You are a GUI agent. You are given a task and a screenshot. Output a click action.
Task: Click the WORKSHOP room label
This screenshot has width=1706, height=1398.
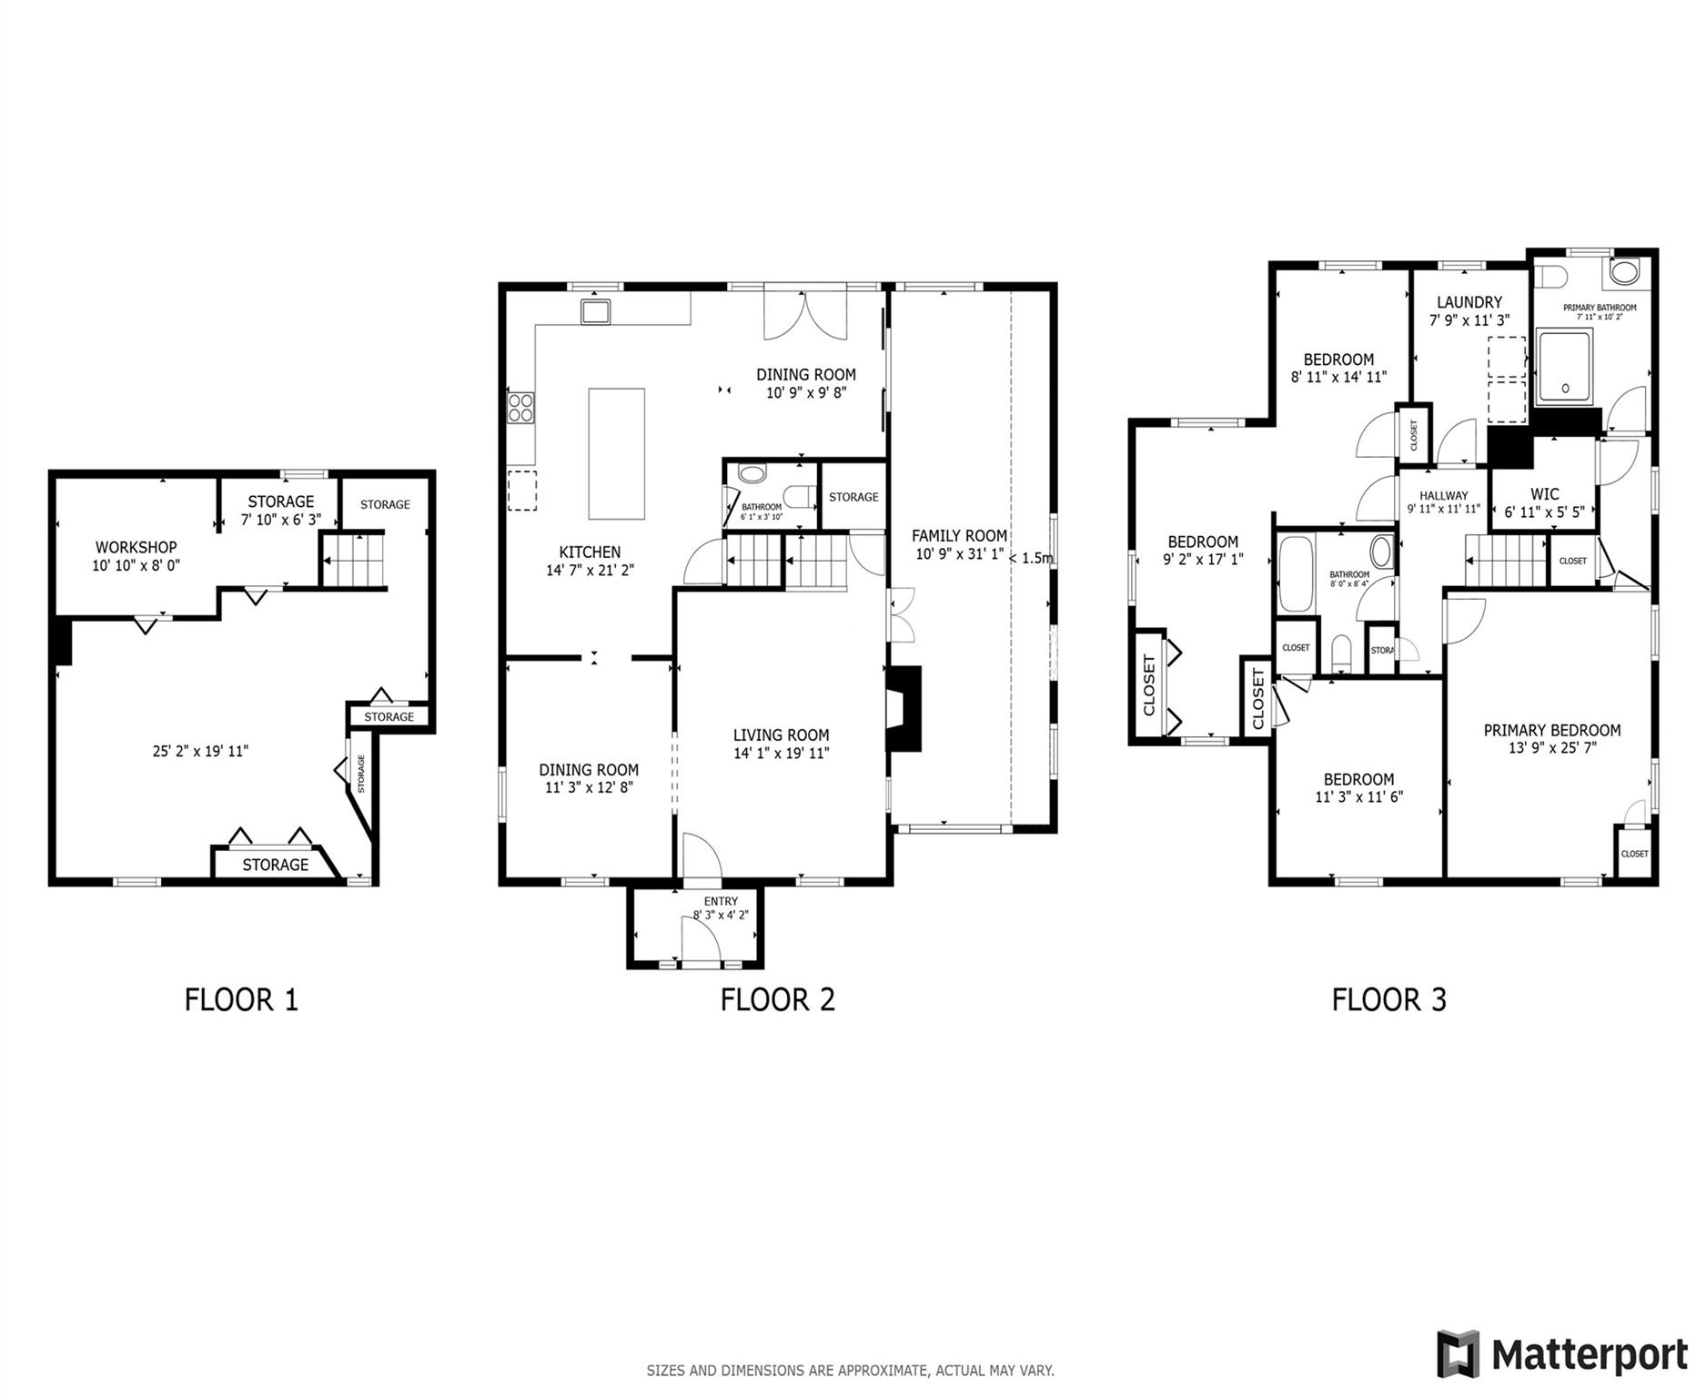136,547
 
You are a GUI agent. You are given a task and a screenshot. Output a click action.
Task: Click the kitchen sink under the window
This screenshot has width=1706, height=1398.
596,311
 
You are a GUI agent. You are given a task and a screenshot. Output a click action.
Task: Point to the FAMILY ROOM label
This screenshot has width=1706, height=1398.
959,536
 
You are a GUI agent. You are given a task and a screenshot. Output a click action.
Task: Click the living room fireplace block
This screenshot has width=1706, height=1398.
905,708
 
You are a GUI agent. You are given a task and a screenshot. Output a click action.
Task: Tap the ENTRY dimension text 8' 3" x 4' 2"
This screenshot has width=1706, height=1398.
721,915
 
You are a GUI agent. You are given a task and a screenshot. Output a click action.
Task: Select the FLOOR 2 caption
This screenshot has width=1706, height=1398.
777,999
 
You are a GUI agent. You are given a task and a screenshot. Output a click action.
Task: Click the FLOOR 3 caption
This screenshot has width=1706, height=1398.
1388,999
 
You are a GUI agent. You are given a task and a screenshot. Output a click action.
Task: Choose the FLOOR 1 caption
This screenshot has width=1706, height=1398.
241,999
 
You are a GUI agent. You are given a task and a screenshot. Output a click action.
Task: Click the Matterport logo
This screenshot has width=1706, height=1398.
1561,1355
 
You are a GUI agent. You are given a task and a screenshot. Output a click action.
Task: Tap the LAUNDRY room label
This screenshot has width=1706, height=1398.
1469,302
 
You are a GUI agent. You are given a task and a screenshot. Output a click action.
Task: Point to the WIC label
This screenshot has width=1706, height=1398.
1544,495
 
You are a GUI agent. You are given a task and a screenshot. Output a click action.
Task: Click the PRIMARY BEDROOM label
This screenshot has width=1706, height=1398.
1551,730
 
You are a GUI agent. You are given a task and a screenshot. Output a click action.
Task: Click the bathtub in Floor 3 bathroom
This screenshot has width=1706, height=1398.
1295,573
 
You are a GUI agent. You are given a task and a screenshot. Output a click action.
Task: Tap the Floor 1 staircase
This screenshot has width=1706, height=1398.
355,561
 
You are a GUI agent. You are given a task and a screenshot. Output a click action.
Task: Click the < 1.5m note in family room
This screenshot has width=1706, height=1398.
1032,558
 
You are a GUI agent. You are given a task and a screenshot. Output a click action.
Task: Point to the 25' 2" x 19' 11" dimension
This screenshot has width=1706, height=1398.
200,751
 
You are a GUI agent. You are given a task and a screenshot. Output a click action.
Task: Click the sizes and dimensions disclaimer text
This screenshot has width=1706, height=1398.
850,1370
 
